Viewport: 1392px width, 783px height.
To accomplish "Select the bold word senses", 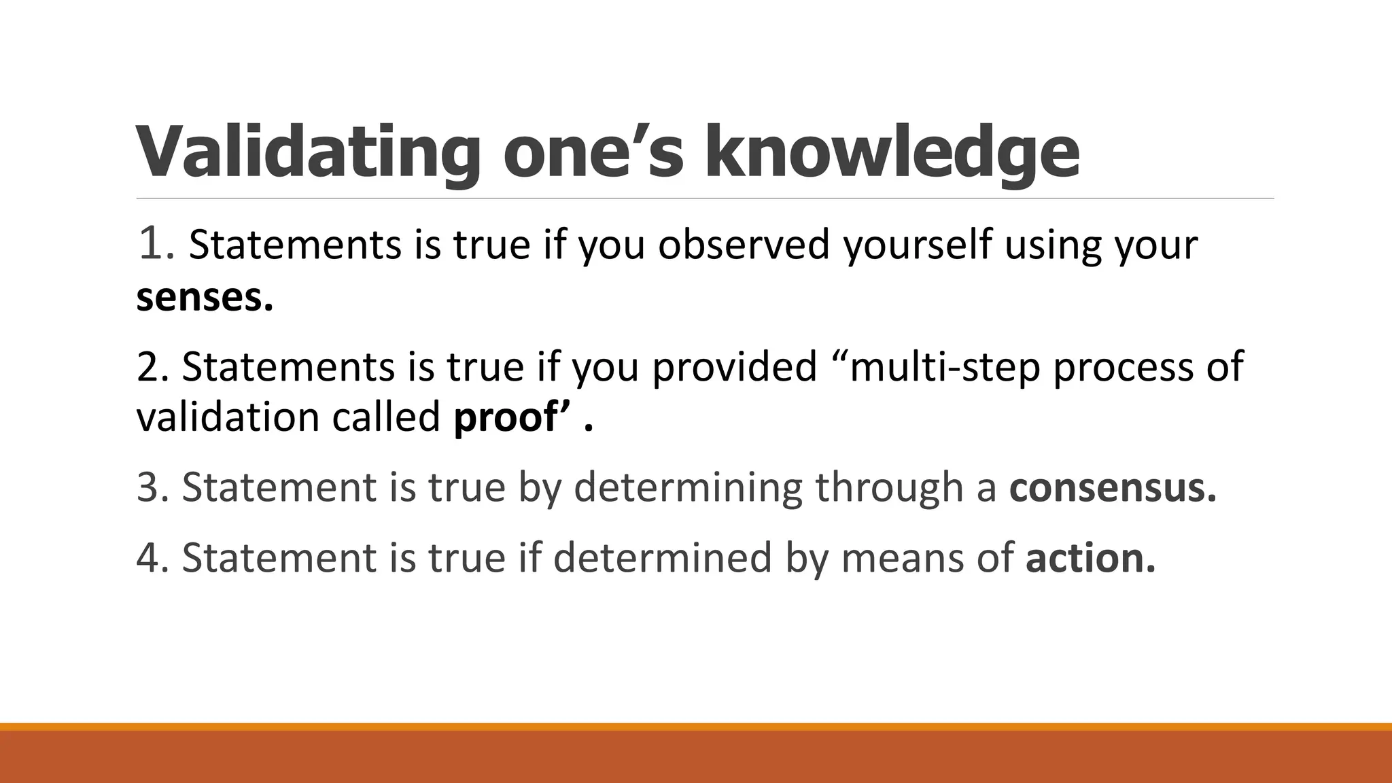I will tap(204, 298).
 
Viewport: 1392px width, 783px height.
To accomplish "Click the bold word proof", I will tap(505, 417).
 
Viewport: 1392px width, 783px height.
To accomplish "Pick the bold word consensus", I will tap(1112, 487).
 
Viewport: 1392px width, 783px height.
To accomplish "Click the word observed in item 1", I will tap(744, 244).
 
